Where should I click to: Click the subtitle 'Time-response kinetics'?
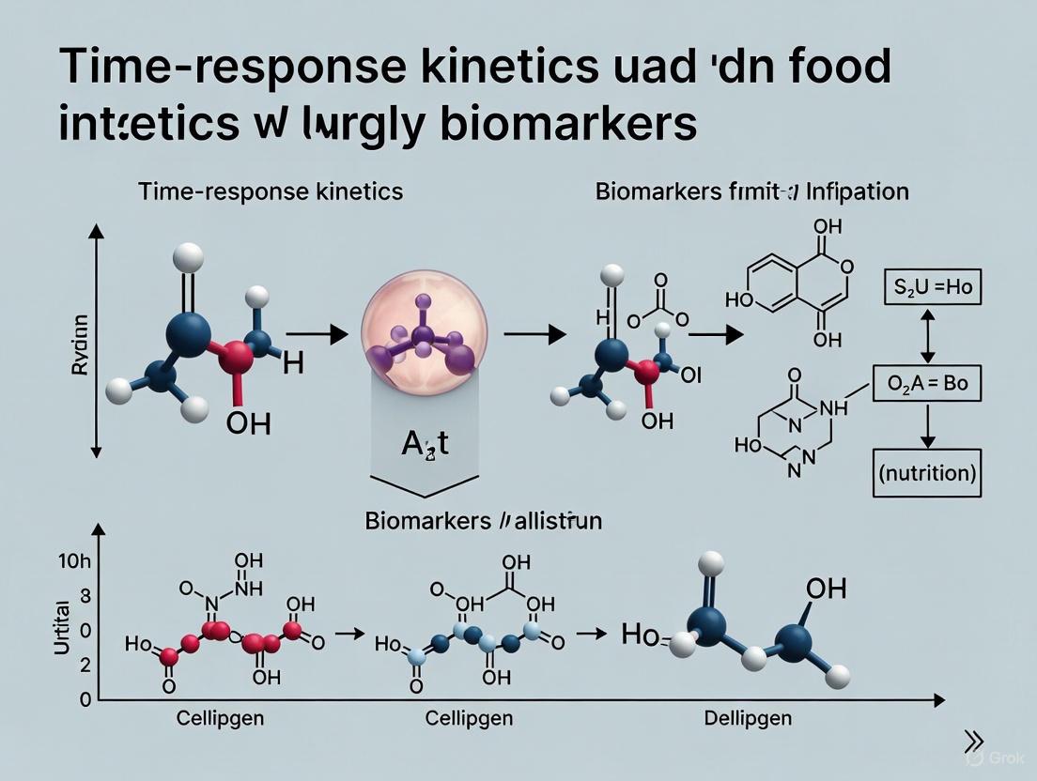tap(271, 191)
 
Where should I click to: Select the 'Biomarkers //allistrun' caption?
tap(483, 521)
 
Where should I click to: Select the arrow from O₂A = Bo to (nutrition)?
tap(926, 428)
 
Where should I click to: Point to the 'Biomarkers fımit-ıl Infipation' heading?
tap(751, 191)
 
